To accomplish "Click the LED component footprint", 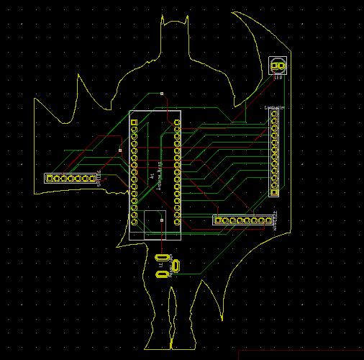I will click(278, 66).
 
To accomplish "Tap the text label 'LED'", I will click(278, 78).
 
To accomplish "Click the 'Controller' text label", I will click(274, 107).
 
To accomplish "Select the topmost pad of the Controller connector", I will click(274, 114).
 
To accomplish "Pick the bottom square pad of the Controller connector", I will click(274, 192).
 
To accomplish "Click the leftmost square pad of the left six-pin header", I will click(50, 178).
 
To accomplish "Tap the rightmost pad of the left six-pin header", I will click(92, 178).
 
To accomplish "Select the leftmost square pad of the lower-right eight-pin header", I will click(217, 220).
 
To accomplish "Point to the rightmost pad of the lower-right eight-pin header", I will click(268, 220).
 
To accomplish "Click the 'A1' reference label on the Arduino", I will click(152, 175).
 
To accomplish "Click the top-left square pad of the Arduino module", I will click(134, 122).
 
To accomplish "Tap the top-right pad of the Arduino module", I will click(177, 122).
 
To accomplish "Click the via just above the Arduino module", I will click(162, 93).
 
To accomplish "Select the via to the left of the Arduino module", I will click(120, 150).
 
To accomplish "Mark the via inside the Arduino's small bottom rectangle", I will click(162, 220).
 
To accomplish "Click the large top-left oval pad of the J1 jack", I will click(162, 258).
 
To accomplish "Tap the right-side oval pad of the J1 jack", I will click(176, 266).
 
